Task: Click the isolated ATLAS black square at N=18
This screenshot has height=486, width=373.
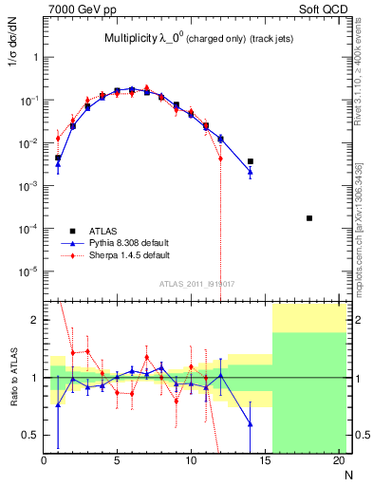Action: (309, 218)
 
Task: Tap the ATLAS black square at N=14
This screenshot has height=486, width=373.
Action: (251, 161)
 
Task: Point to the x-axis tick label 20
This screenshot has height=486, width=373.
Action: (338, 461)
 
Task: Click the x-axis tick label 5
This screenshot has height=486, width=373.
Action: (117, 461)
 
